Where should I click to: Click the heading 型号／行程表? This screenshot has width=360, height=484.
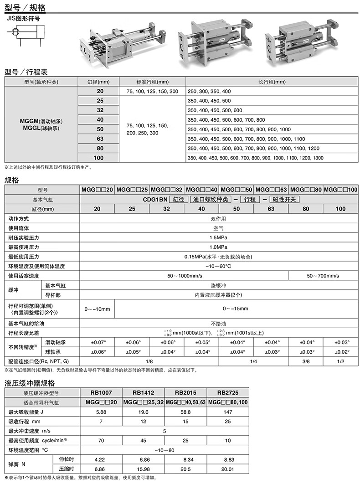point(26,72)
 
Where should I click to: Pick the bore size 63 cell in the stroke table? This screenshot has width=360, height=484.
point(100,139)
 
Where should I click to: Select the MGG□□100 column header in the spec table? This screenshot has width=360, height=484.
point(340,190)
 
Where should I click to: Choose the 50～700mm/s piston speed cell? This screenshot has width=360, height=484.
point(323,276)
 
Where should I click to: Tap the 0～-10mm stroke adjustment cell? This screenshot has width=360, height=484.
point(97,309)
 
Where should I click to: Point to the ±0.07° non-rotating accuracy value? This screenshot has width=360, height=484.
point(97,342)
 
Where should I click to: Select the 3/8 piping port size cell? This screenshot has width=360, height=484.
point(306,361)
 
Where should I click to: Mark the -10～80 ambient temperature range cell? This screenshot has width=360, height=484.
point(165,450)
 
